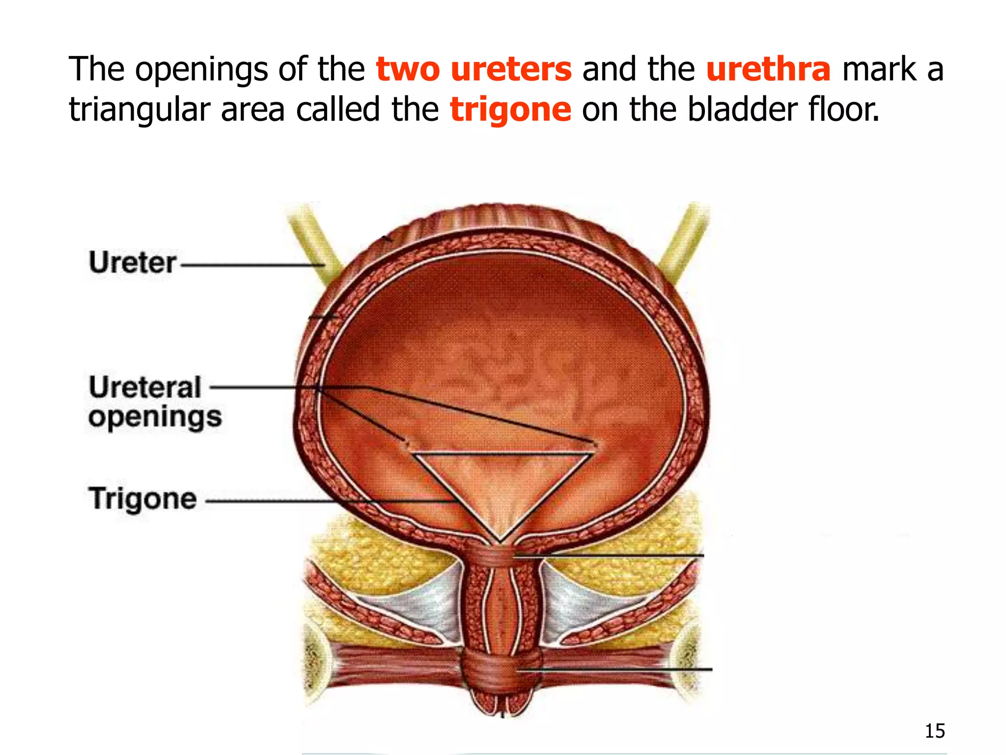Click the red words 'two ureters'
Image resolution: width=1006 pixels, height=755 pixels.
(474, 70)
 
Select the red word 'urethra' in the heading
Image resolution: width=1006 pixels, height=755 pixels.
(768, 70)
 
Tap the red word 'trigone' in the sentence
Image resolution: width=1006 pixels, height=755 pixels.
(510, 110)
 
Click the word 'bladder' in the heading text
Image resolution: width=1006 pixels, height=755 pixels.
(742, 109)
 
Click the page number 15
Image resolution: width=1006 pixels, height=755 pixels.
(934, 731)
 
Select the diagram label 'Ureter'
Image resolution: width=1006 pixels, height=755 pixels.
(132, 263)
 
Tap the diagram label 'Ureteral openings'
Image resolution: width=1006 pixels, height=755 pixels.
(154, 402)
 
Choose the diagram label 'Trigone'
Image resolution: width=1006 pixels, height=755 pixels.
(142, 499)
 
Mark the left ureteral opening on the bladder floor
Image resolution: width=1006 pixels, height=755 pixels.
(407, 444)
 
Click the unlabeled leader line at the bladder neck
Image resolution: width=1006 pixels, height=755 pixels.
(609, 555)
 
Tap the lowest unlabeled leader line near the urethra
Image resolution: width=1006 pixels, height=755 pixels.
(614, 669)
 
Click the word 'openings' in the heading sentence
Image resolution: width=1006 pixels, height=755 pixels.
(201, 70)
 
